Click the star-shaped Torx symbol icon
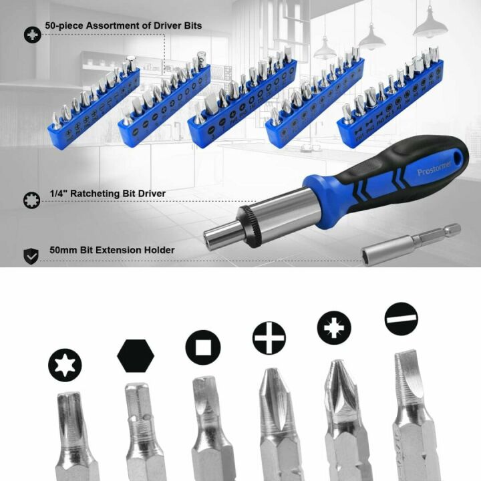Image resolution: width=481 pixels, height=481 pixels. coord(65,365)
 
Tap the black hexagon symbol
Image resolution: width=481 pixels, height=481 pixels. coord(136,355)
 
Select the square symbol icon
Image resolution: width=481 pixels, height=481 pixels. coord(202,347)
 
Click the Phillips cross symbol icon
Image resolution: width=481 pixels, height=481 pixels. coord(269,337)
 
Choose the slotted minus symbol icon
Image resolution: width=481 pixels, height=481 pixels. coord(402,319)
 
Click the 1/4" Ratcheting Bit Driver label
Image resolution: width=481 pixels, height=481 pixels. coord(108,194)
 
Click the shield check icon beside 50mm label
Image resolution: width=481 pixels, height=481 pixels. coord(31,255)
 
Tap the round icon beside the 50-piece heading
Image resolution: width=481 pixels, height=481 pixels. coord(31,34)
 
